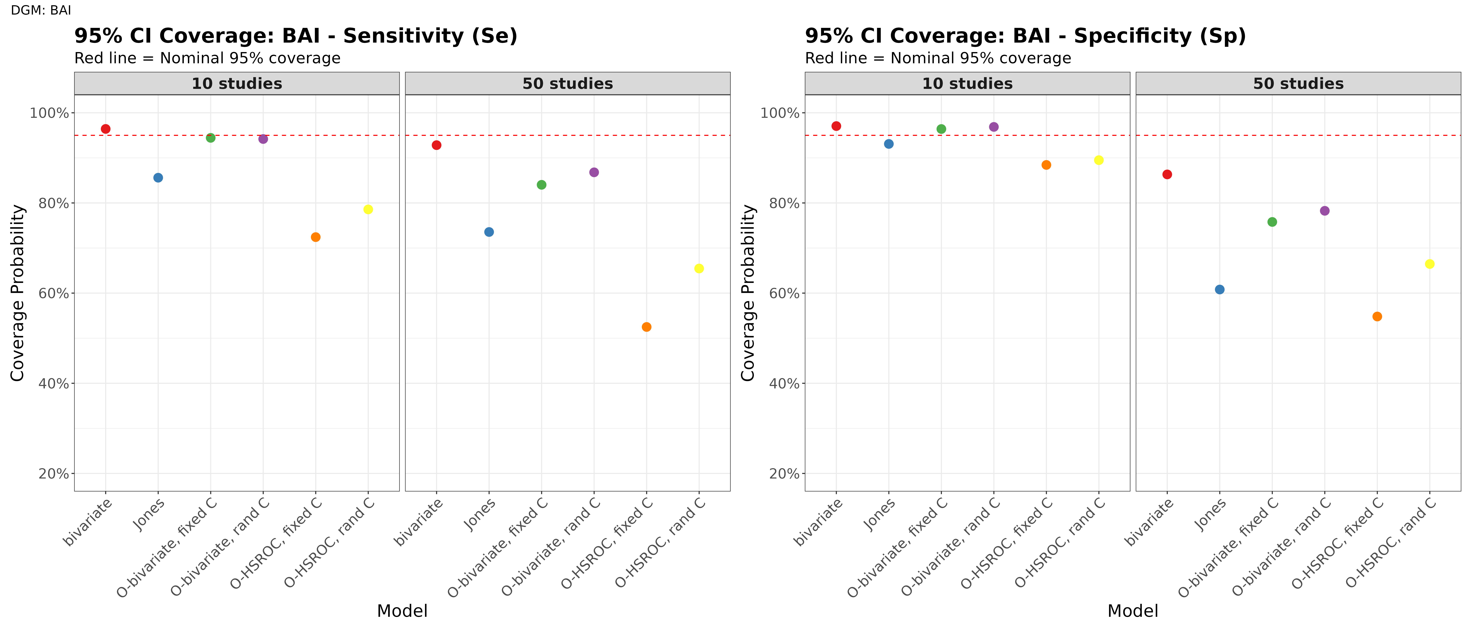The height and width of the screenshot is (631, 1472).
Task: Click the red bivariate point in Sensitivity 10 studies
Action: [x=106, y=129]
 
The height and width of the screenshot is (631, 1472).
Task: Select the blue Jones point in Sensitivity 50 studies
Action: [x=489, y=232]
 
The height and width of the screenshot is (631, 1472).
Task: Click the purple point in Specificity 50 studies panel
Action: [x=1325, y=211]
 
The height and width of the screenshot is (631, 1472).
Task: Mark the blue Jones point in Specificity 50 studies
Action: [x=1219, y=290]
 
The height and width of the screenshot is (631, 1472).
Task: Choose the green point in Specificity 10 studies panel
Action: [x=941, y=129]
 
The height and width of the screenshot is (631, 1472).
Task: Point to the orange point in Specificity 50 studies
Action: [x=1377, y=317]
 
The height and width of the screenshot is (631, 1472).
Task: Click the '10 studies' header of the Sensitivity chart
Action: [x=237, y=83]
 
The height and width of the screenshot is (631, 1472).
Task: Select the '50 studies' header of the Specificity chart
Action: [x=1298, y=83]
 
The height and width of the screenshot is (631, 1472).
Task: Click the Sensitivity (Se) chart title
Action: [x=295, y=36]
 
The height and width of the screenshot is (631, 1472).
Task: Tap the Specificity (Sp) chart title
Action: [x=1025, y=36]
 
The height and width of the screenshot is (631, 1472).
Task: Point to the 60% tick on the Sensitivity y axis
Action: [x=53, y=293]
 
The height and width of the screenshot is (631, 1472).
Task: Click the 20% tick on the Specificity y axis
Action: [x=784, y=474]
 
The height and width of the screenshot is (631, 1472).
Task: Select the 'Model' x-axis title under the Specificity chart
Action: [x=1133, y=611]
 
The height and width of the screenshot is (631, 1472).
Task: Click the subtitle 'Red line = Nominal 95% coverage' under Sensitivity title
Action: [x=207, y=58]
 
